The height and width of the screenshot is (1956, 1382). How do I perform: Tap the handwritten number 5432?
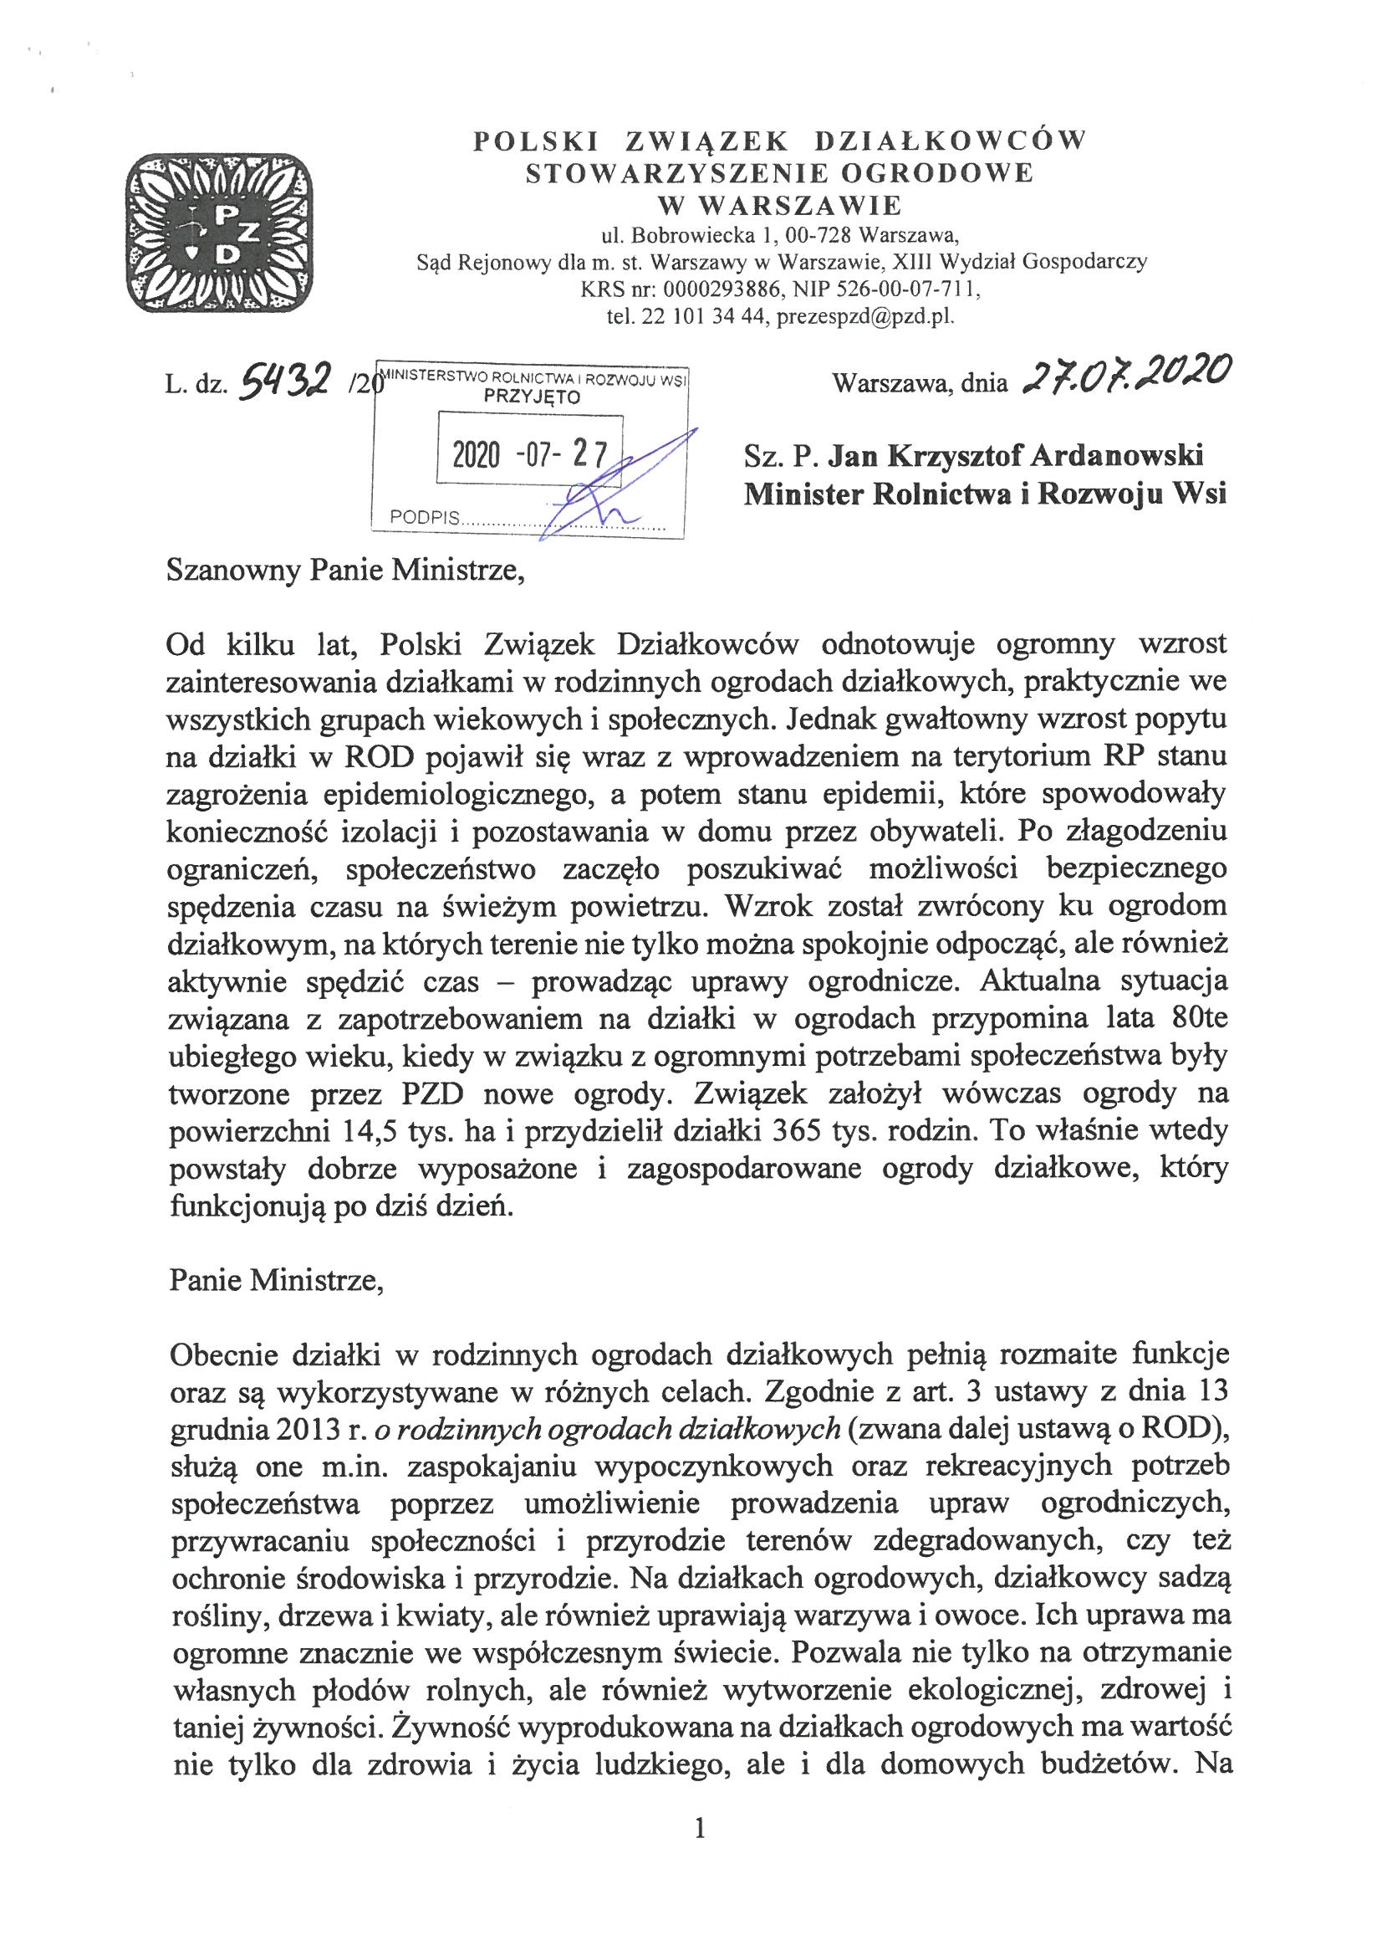[285, 385]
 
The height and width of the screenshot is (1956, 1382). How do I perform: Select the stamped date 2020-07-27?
[528, 457]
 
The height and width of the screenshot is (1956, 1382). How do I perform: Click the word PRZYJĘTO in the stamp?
[533, 397]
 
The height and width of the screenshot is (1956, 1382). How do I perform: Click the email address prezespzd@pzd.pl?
[866, 318]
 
